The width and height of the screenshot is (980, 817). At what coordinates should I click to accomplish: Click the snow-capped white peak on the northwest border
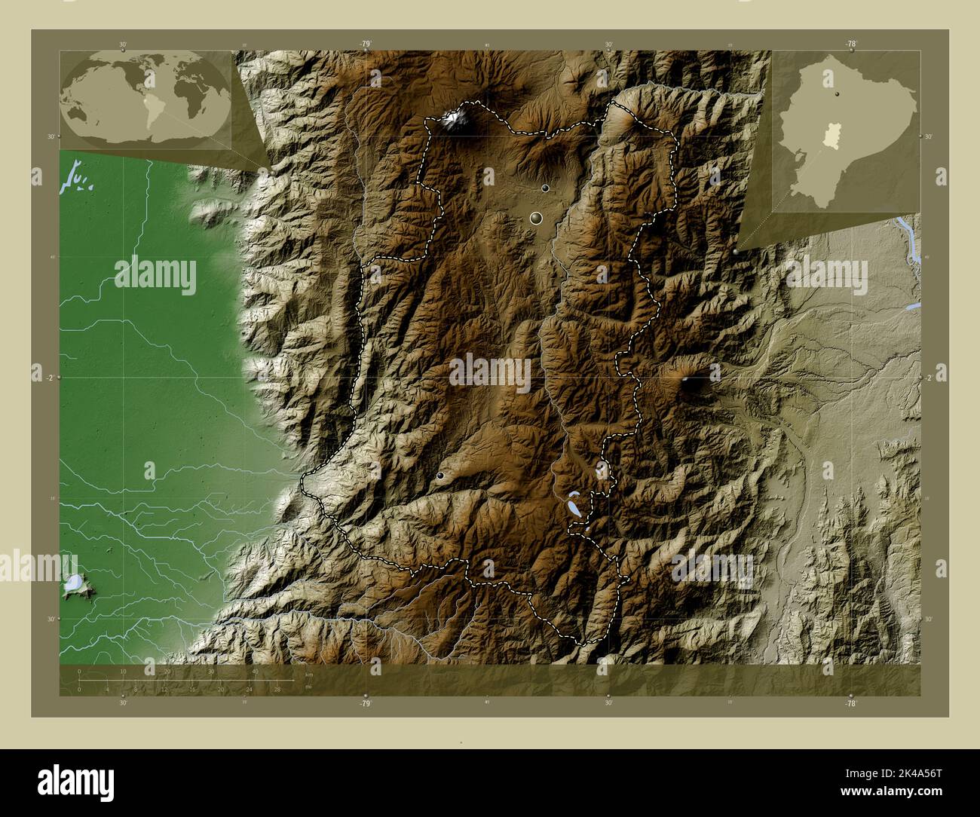pyautogui.click(x=455, y=118)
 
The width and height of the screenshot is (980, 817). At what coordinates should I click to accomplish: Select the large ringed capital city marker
pyautogui.click(x=536, y=219)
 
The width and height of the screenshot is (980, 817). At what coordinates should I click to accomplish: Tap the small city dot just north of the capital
pyautogui.click(x=545, y=188)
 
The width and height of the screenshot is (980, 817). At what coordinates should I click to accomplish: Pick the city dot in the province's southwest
pyautogui.click(x=440, y=476)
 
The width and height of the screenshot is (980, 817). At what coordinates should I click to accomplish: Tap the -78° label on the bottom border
pyautogui.click(x=850, y=702)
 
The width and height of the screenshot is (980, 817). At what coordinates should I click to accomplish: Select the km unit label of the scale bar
pyautogui.click(x=308, y=675)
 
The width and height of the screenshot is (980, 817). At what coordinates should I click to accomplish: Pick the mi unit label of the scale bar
pyautogui.click(x=308, y=687)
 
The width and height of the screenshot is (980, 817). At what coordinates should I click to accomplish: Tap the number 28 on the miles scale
pyautogui.click(x=277, y=689)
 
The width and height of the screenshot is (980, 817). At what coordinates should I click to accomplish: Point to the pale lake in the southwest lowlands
pyautogui.click(x=74, y=583)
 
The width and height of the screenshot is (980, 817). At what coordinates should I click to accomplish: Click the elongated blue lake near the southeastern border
pyautogui.click(x=575, y=503)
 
